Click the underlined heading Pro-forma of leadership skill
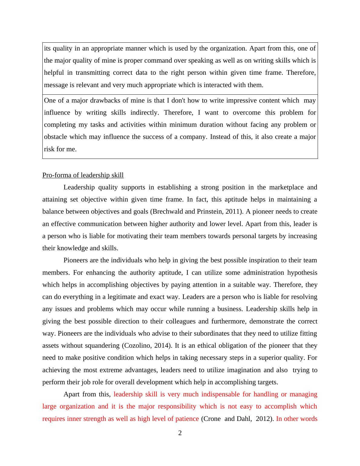coord(83,175)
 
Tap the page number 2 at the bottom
coord(180,433)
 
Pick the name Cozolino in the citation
coord(138,346)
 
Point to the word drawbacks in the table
coord(86,100)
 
